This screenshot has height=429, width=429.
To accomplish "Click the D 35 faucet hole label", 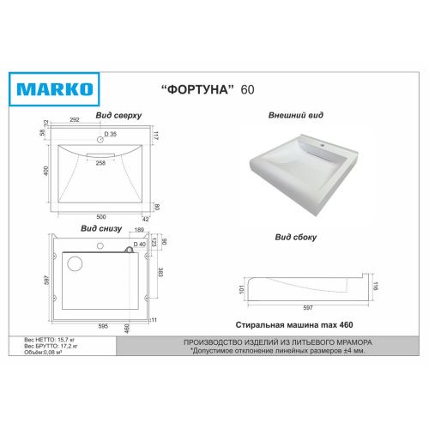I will point(111,134).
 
